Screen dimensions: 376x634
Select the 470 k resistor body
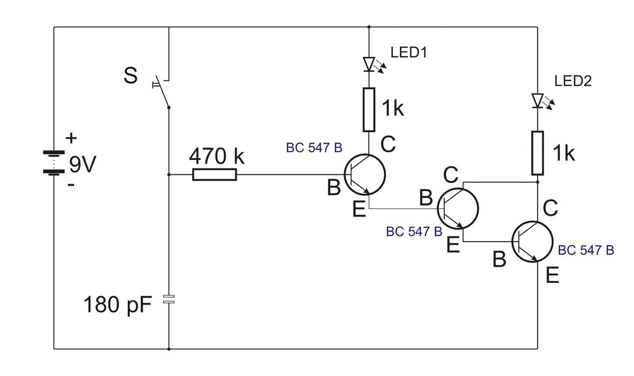[x=214, y=174]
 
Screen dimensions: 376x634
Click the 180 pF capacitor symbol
[x=169, y=300]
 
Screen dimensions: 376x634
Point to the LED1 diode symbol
[x=369, y=64]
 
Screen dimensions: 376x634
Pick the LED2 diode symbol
[x=537, y=101]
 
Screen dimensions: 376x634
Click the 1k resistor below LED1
[x=369, y=110]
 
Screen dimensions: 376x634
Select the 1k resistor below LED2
[x=537, y=153]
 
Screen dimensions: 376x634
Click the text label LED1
[x=409, y=52]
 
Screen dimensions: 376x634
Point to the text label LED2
[x=573, y=81]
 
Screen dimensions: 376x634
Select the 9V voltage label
[x=82, y=164]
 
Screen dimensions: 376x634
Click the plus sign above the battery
[x=72, y=138]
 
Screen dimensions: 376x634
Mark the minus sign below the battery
[x=72, y=185]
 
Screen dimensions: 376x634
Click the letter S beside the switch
[x=130, y=76]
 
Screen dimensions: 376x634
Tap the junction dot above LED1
[x=369, y=27]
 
